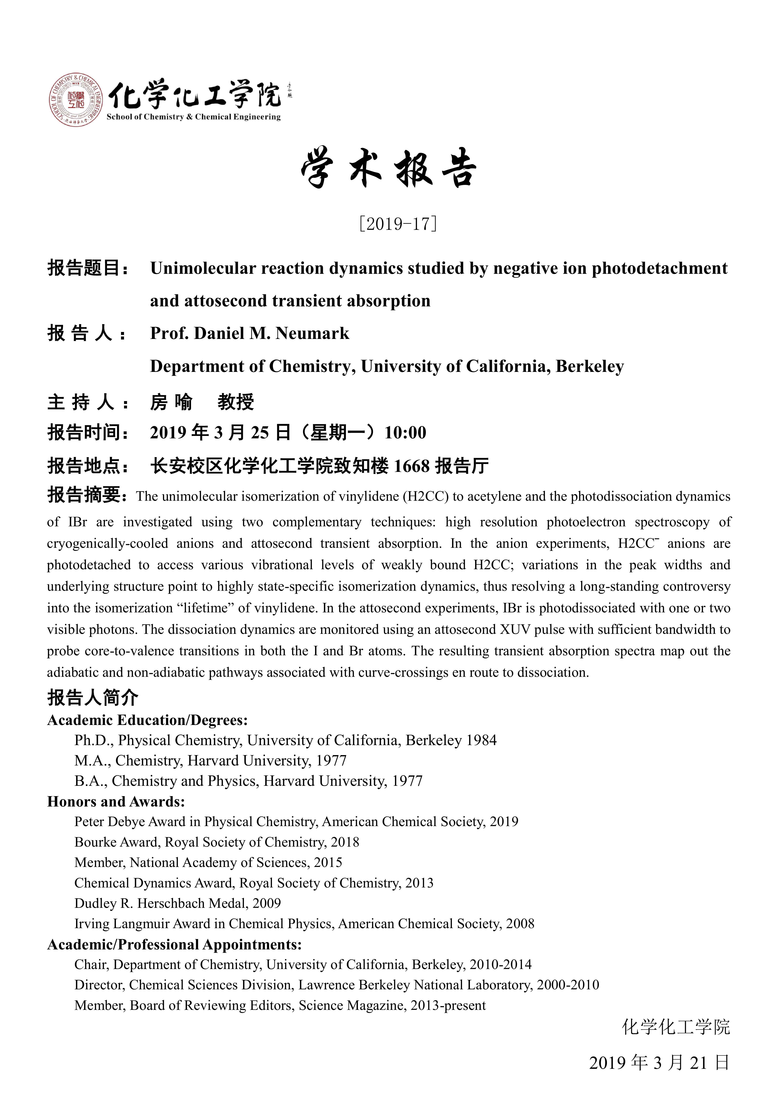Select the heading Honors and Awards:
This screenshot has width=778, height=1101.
pyautogui.click(x=116, y=801)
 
